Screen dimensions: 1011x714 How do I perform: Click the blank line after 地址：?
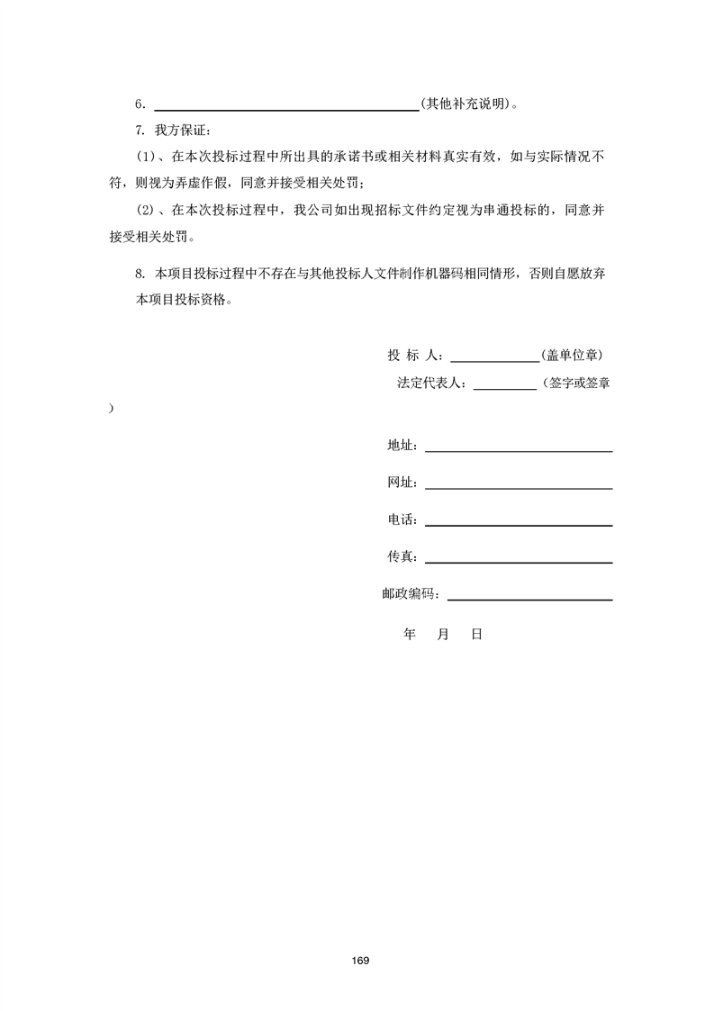click(x=519, y=447)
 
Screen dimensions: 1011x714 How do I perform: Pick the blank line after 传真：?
click(x=519, y=559)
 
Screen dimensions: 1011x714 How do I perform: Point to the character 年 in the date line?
click(x=410, y=635)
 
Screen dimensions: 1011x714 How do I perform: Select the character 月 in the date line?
click(x=442, y=635)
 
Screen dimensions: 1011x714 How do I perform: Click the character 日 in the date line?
click(x=476, y=635)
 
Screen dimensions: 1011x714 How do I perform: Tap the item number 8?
click(x=140, y=275)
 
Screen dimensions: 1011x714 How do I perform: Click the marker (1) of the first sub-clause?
click(x=146, y=158)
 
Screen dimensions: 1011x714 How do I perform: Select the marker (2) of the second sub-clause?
click(x=146, y=212)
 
